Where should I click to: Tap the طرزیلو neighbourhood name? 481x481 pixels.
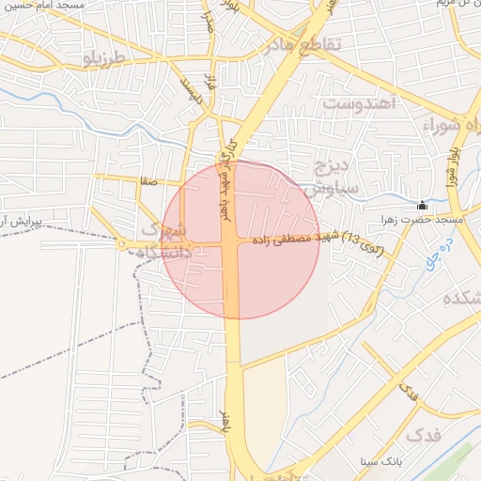click(x=103, y=59)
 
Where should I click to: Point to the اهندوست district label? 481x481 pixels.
click(x=361, y=102)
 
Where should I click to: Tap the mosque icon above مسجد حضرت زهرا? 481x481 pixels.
click(x=422, y=205)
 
